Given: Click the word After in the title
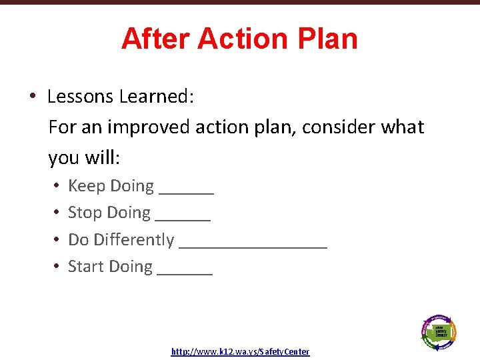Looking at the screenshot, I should coord(156,39).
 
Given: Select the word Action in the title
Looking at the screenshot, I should coord(244,39).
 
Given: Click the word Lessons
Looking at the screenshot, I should coord(81,97).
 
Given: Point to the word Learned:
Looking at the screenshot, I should coord(157,97).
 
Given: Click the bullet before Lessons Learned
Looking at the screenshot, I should coord(32,97).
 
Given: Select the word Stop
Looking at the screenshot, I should coord(85,213).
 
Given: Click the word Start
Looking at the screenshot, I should coord(86,267).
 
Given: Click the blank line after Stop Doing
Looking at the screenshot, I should coord(183,218).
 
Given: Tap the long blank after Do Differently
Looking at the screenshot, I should coord(253,245).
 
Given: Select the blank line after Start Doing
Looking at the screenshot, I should coord(185,272).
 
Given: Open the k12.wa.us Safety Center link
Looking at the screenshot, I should coord(240,351).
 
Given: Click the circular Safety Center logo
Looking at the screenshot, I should coord(439,331).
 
